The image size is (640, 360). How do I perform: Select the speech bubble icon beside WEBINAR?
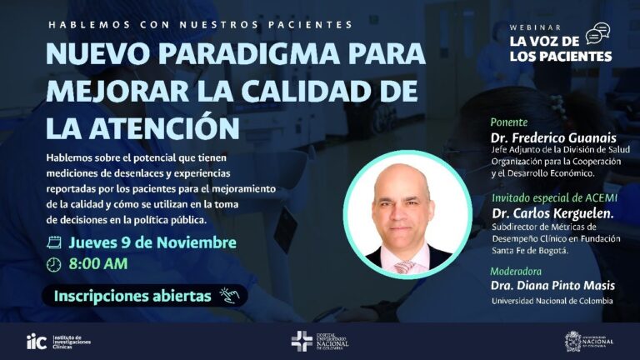[597, 33]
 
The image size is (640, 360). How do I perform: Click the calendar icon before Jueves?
[54, 242]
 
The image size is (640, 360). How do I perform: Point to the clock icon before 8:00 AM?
[54, 264]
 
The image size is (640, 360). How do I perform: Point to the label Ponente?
[509, 122]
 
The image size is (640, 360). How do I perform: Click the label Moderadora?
[517, 271]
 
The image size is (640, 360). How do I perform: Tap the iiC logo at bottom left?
[37, 340]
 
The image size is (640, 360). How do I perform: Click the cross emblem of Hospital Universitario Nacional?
[301, 340]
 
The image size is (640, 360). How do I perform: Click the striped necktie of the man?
[404, 266]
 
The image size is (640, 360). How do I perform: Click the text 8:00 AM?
[97, 264]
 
